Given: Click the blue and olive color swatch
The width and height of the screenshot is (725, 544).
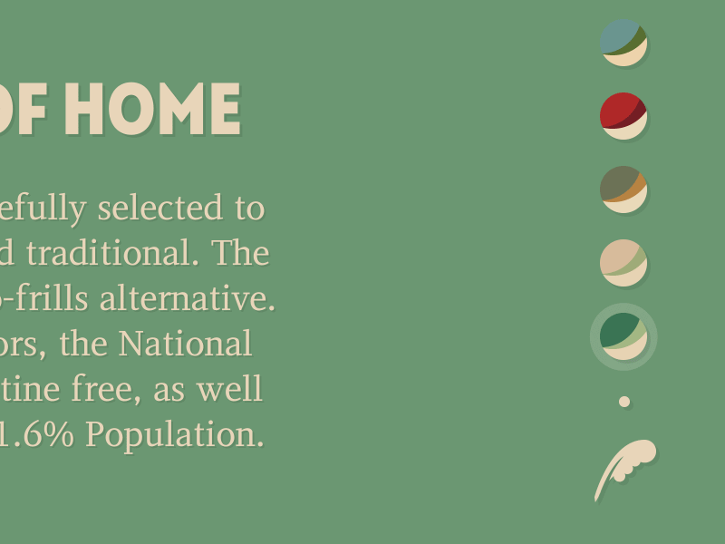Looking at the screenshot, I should point(623,43).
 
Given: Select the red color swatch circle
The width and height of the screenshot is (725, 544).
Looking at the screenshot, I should point(623,116).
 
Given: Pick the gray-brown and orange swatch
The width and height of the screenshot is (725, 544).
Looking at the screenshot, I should point(623,189).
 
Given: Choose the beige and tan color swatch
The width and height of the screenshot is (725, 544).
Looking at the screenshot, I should point(623,263).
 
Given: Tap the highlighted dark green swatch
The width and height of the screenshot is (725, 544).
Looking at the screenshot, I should point(623,336).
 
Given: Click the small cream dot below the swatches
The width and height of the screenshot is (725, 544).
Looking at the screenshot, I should point(624,402).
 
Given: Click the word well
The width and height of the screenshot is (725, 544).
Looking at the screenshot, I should point(235,390).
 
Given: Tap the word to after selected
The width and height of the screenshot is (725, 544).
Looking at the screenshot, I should point(248,209).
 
